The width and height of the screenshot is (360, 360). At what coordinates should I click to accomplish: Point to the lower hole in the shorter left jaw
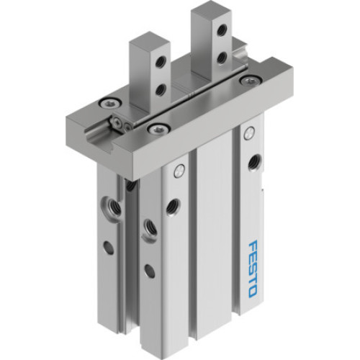pos(160,89)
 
